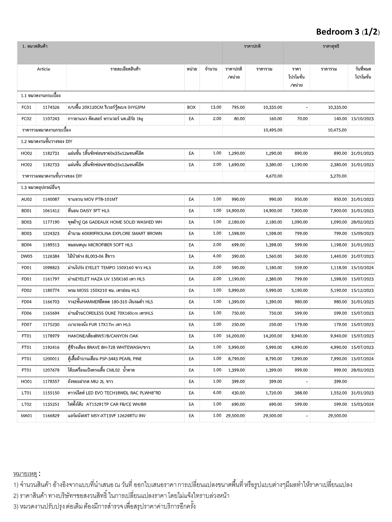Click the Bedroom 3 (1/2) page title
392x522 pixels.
point(348,32)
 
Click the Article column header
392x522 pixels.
point(44,69)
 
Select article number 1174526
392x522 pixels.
point(51,108)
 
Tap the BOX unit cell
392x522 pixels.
point(191,108)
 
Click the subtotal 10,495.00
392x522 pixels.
point(273,130)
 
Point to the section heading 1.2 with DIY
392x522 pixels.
point(47,141)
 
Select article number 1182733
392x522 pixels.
point(51,165)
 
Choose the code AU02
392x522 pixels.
point(27,200)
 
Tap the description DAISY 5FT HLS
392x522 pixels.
point(89,211)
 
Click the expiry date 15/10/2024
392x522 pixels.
point(362,268)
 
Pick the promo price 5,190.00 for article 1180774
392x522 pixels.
point(299,291)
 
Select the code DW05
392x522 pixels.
point(27,256)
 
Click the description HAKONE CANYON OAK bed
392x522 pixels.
point(103,336)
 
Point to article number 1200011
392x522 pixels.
point(51,359)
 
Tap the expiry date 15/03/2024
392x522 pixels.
point(362,404)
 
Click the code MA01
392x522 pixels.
point(27,416)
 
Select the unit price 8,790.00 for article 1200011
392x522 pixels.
point(235,359)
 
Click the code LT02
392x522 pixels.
point(27,404)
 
